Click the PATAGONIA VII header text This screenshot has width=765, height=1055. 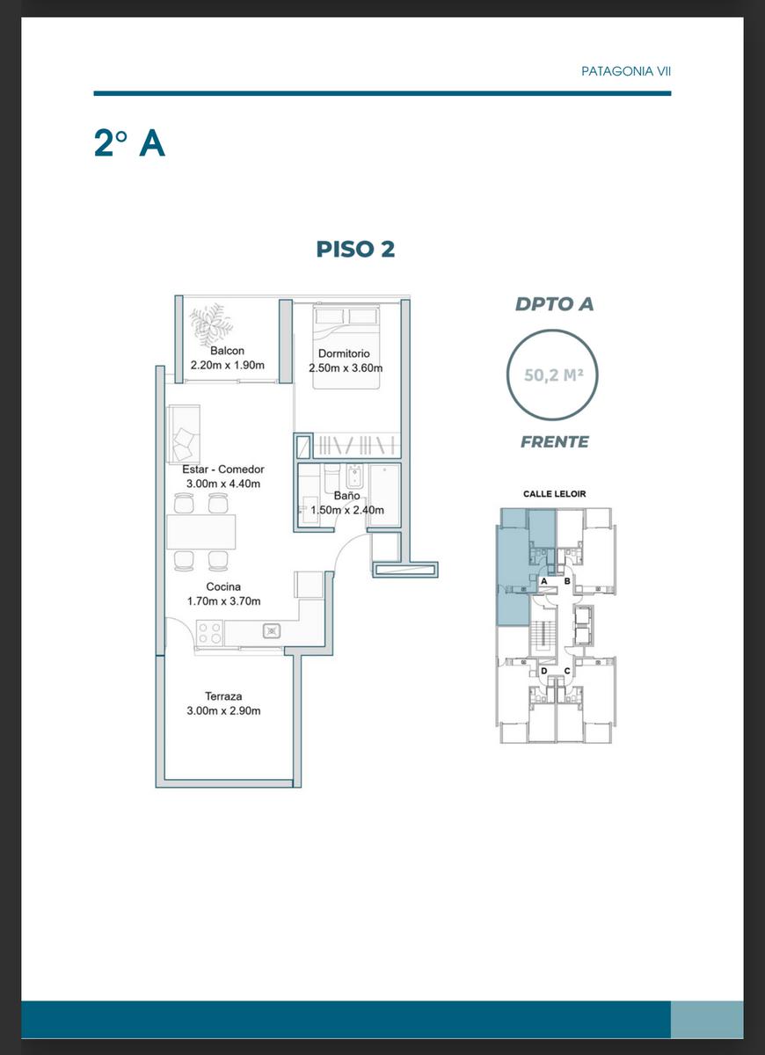click(625, 71)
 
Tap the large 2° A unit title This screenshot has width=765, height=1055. click(129, 142)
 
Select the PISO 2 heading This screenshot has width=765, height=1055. click(355, 249)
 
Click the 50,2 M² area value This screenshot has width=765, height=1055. click(553, 375)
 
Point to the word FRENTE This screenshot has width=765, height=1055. click(555, 441)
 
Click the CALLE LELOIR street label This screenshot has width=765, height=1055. click(555, 494)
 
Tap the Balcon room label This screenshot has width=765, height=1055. click(227, 351)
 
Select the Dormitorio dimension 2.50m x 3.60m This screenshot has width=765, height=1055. click(346, 367)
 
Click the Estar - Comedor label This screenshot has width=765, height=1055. click(222, 469)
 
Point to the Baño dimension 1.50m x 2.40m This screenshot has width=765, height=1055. click(347, 510)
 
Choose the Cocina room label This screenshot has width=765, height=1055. click(223, 587)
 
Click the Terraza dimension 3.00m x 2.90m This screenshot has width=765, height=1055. click(223, 710)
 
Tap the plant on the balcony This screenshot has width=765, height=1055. click(211, 324)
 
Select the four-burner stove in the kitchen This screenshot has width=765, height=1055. click(209, 632)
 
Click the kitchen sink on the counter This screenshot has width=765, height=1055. click(272, 631)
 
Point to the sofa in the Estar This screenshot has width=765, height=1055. click(183, 434)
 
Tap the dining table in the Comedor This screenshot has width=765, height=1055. click(201, 532)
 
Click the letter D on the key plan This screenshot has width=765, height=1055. click(544, 671)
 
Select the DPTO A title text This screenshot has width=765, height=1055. click(554, 304)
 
